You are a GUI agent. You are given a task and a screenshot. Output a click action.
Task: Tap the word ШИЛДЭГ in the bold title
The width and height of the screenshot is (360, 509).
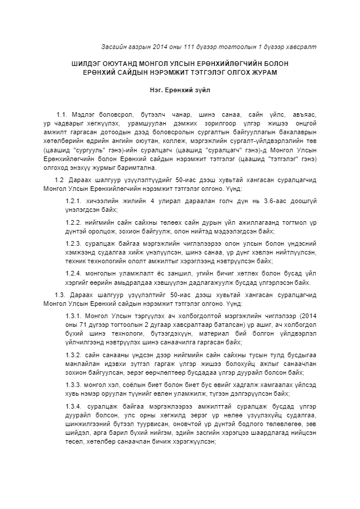(x=89, y=62)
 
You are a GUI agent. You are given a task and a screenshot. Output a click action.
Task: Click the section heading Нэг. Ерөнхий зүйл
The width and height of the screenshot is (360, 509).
(x=179, y=90)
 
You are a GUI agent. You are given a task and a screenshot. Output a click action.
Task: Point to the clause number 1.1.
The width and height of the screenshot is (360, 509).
(x=62, y=115)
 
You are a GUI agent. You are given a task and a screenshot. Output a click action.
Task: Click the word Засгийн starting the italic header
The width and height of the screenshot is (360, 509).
(x=113, y=46)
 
